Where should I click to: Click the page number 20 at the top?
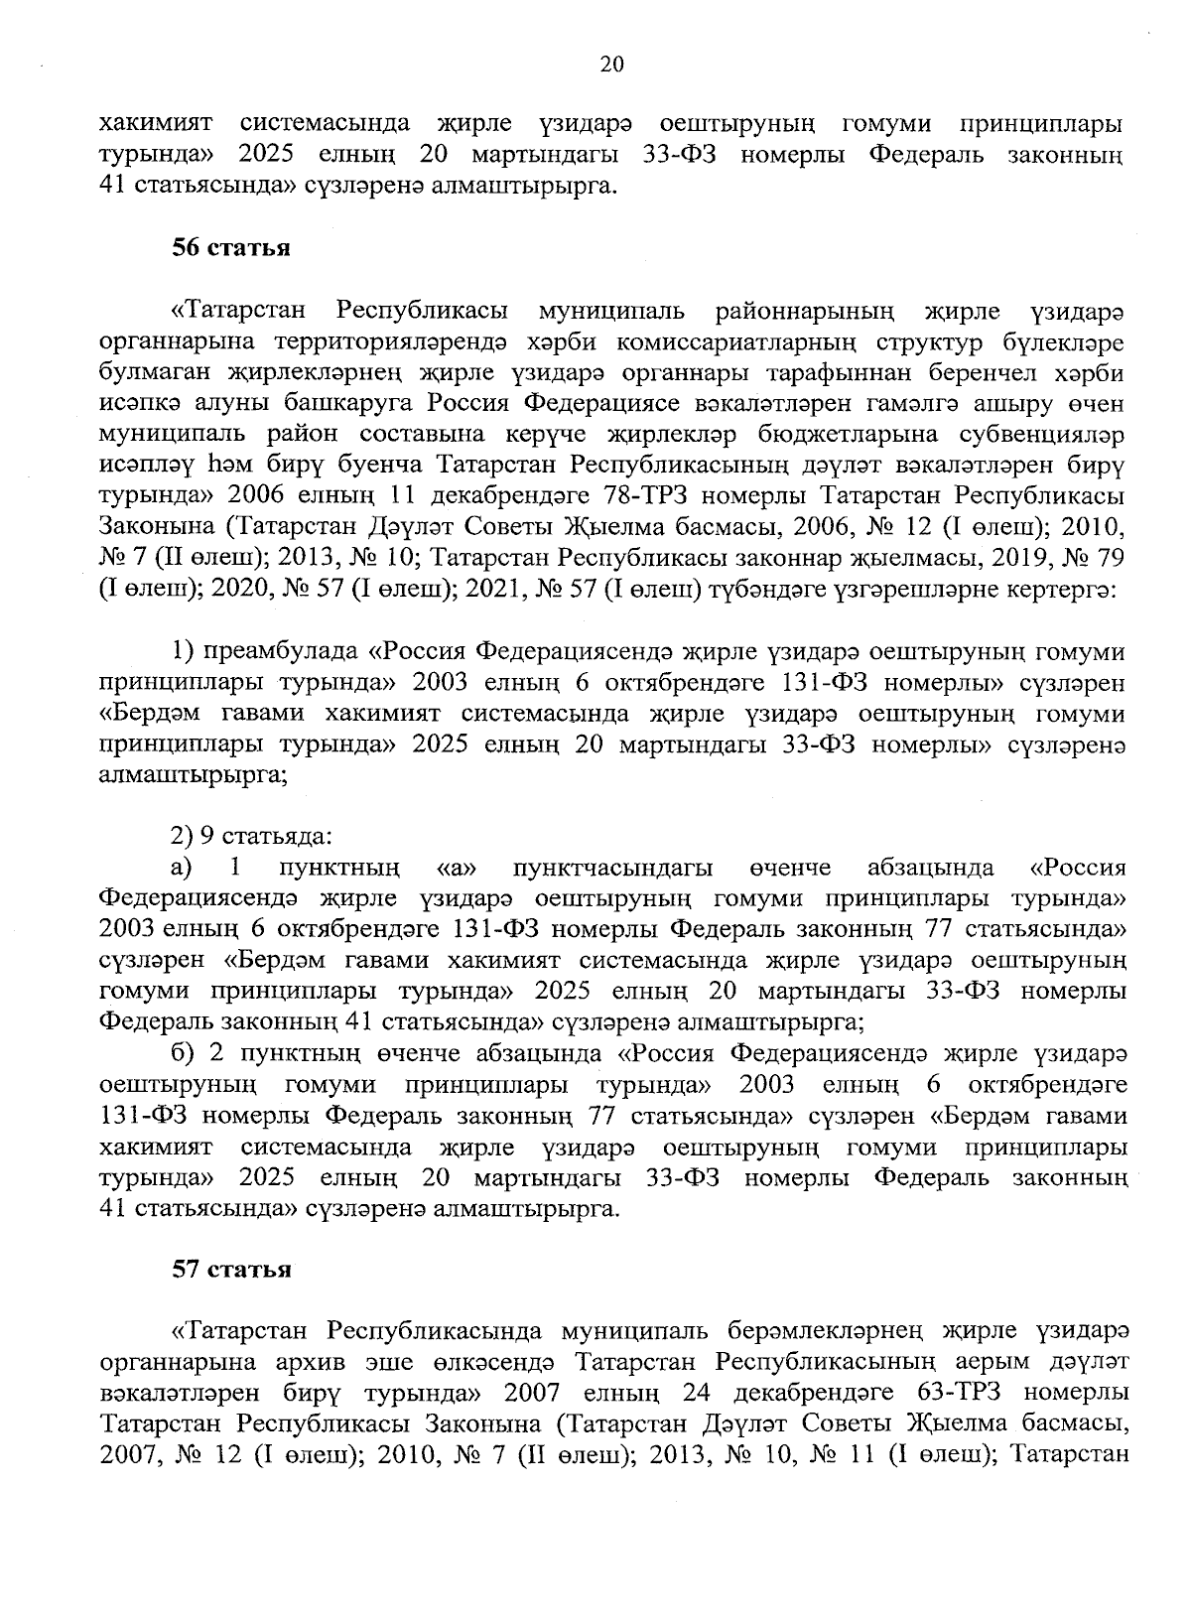611,66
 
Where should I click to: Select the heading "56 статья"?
231,248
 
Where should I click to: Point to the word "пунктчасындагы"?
613,868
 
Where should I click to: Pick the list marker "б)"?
185,1052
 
